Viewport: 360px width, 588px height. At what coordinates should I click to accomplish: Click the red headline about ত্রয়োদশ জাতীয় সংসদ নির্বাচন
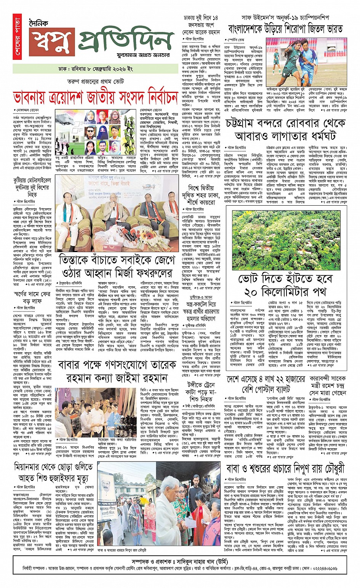(x=95, y=97)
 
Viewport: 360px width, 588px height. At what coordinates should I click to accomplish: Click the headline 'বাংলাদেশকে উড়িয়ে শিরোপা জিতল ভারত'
(x=285, y=29)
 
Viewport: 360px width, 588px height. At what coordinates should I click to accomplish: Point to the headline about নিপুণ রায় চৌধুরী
(x=285, y=468)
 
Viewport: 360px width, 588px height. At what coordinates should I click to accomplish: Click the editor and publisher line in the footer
(x=180, y=562)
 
